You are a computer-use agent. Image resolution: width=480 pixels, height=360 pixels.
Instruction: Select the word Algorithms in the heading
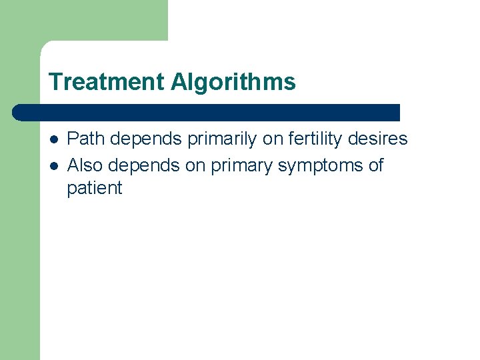233,83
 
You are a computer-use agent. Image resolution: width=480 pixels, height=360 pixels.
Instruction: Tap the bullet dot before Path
53,139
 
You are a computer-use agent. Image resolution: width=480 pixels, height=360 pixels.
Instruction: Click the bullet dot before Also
53,165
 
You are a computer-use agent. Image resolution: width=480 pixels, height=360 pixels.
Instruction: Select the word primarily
219,139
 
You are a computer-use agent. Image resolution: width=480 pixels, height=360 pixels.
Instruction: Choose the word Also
85,165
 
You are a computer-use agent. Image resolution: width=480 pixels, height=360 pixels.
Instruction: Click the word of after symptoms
376,165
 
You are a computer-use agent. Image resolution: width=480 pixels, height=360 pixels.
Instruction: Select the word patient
95,189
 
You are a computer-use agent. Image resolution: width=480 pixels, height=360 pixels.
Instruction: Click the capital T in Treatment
55,83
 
